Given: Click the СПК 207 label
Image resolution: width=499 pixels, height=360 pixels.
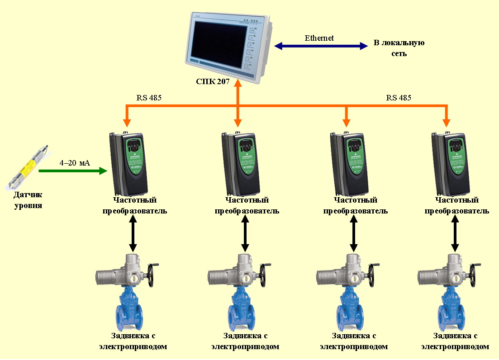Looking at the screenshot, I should tap(213, 82).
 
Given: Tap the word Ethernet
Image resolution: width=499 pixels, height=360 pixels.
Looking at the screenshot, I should tap(319, 38).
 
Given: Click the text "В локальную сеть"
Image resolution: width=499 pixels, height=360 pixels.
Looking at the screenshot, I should tap(399, 48).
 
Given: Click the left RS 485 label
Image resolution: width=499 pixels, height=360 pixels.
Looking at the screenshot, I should tap(149, 97).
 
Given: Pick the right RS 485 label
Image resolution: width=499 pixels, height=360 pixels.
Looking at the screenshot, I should tap(399, 97).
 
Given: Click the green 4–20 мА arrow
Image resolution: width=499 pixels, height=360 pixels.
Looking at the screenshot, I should tap(72, 171).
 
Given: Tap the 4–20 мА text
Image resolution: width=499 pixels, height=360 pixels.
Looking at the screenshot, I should tap(75, 162).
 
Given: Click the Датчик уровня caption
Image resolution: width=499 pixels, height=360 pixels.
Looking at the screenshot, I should tap(28, 200).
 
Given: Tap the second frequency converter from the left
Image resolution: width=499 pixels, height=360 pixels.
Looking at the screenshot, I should tap(241, 162).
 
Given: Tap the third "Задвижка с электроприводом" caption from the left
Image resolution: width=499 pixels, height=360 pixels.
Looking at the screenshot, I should tap(354, 341).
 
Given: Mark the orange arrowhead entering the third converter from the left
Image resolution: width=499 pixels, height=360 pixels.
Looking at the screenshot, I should tap(346, 122).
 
